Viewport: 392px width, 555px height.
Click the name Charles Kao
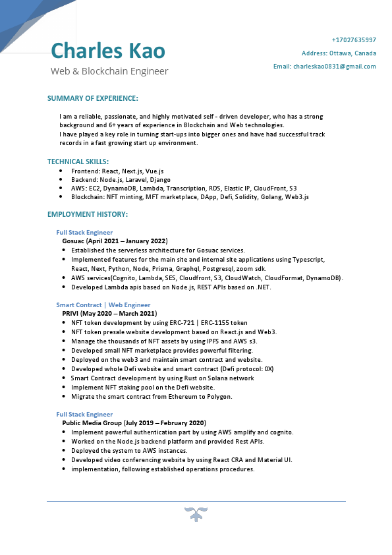point(108,51)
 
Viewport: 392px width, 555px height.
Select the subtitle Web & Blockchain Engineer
point(109,71)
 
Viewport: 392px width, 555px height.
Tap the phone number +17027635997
point(354,40)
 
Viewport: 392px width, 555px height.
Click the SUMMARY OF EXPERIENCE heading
point(93,98)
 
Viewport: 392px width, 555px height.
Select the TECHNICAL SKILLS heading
point(78,161)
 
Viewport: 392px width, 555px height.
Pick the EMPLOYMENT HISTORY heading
point(88,215)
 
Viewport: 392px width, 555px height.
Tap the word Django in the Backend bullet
point(160,179)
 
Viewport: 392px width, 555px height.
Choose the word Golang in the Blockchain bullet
point(269,197)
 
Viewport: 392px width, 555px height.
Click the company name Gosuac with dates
point(115,241)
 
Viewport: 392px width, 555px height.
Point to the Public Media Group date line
point(134,423)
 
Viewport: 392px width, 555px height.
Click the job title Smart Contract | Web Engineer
point(103,305)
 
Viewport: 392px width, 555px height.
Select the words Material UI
point(275,460)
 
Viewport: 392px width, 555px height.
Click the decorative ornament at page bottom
point(196,514)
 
